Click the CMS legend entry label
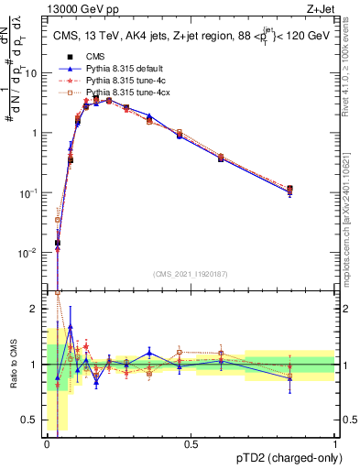tap(95, 57)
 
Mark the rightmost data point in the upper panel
tap(289, 189)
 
